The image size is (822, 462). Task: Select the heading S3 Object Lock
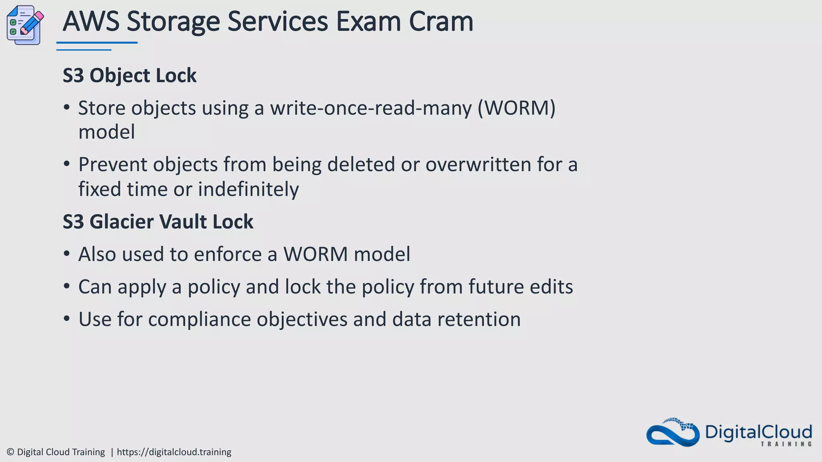coord(130,75)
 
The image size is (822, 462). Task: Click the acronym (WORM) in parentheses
coord(516,108)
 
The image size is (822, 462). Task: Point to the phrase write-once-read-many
coord(370,108)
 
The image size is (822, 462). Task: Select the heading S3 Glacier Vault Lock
coord(158,222)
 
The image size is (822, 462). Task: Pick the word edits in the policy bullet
coord(551,287)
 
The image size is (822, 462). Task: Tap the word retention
coord(478,320)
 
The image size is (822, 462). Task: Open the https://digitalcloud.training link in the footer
coord(174,452)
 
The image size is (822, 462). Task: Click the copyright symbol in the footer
coord(10,452)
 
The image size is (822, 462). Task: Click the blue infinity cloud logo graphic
coord(673,433)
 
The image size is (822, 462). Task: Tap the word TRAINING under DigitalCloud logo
coord(786,444)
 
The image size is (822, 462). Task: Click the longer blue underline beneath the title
coord(97,43)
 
